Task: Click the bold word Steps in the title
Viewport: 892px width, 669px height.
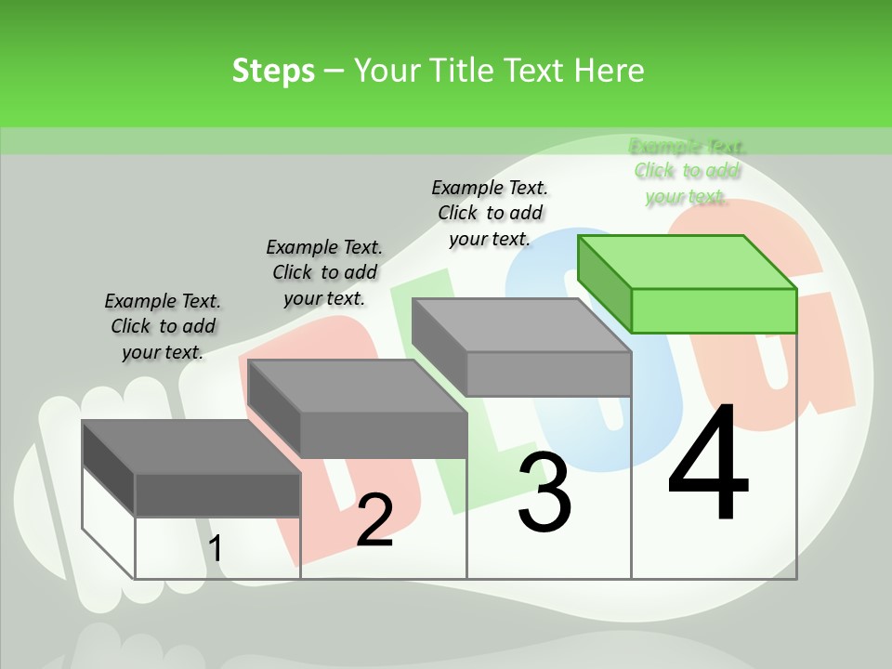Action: click(273, 71)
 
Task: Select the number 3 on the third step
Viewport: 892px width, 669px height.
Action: click(544, 493)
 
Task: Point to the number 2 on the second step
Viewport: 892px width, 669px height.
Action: click(374, 519)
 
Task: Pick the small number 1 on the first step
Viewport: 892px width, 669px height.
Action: click(215, 549)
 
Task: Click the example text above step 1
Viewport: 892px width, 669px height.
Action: click(163, 326)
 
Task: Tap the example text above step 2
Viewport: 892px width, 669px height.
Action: click(324, 272)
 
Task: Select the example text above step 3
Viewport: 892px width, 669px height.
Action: click(490, 213)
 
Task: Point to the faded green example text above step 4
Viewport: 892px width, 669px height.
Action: click(688, 171)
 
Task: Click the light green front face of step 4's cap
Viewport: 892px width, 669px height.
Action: click(714, 310)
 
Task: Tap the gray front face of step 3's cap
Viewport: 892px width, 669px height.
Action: click(548, 374)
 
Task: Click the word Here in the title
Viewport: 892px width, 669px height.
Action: click(610, 71)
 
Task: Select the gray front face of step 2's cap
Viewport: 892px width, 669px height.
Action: click(383, 435)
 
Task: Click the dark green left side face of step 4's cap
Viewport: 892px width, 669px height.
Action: click(604, 283)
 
